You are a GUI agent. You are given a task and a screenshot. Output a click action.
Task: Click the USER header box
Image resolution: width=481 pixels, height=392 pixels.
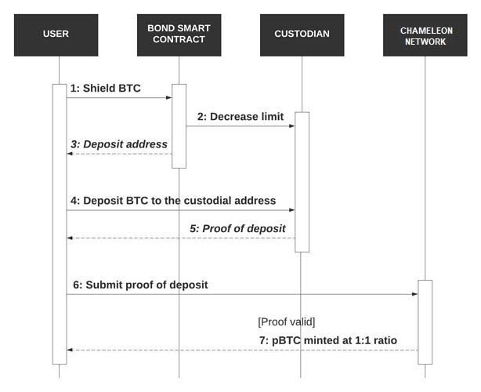pos(56,35)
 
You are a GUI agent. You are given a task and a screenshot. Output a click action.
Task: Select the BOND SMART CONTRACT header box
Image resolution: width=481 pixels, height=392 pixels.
pos(179,35)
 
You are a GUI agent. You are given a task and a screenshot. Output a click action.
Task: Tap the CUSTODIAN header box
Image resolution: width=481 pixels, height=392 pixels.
pos(302,35)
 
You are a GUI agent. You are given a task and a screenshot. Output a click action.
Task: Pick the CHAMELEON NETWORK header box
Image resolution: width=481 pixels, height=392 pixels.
pos(425,35)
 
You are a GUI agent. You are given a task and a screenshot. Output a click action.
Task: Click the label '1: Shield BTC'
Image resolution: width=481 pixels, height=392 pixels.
pos(106,88)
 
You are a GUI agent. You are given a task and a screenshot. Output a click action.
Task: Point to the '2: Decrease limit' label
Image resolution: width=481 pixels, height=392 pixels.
pos(240,117)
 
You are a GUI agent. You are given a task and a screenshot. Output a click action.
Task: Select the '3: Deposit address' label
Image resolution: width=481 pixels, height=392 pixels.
pos(119,144)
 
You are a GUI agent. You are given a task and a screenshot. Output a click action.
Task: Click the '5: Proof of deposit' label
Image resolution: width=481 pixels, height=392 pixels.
pos(237,229)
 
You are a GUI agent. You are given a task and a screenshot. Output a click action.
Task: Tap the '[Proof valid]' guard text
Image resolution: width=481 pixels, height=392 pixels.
pos(287,322)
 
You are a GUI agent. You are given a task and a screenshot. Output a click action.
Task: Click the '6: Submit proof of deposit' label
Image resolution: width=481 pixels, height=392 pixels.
pos(140,285)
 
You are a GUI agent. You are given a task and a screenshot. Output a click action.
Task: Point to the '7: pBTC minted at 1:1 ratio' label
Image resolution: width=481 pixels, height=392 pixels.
pos(328,340)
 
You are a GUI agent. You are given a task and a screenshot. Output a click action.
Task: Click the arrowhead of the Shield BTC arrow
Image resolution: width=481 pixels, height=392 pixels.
pos(169,98)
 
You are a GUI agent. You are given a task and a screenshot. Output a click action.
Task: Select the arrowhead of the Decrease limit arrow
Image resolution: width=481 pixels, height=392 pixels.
pos(292,126)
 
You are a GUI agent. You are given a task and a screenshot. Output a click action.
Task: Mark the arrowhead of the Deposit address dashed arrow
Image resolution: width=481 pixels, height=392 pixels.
pos(70,154)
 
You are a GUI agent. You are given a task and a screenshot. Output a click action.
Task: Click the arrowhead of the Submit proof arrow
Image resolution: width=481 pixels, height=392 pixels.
pos(414,294)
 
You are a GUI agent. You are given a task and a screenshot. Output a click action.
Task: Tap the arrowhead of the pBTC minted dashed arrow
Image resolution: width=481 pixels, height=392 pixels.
pos(70,350)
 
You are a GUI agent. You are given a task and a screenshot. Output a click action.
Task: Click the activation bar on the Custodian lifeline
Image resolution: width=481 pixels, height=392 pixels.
pos(302,182)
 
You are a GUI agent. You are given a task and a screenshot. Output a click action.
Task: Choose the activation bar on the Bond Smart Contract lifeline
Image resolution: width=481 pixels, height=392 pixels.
pos(179,126)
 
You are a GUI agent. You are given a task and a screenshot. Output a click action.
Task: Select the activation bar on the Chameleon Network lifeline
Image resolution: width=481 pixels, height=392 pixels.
pos(425,322)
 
